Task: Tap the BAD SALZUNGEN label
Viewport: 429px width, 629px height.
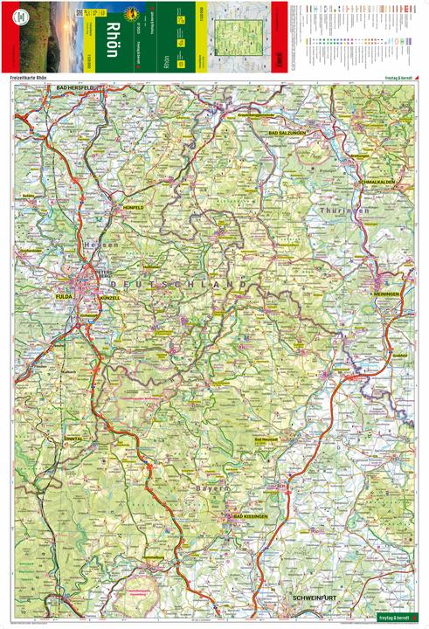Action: [287, 131]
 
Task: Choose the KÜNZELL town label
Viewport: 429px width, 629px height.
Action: [110, 298]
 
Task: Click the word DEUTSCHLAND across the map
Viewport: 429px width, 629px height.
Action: [185, 285]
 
